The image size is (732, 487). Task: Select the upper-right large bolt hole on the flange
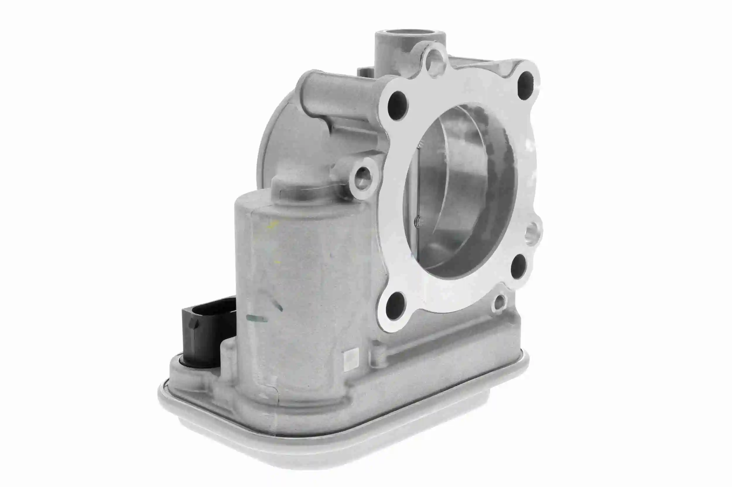click(526, 81)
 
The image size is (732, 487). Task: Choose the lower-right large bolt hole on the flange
click(518, 266)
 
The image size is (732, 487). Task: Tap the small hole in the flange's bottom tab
click(499, 302)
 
